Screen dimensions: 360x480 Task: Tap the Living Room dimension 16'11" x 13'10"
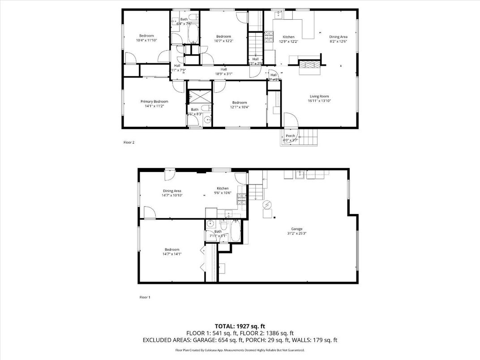point(319,101)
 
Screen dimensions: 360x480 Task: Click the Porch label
point(290,136)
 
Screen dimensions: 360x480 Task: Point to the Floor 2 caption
point(129,142)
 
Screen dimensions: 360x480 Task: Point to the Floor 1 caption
point(144,297)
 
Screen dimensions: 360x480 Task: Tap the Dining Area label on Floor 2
point(338,37)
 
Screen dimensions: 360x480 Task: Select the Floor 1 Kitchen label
point(223,189)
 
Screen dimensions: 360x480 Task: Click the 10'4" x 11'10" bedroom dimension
point(146,40)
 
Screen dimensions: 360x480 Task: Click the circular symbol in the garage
point(267,205)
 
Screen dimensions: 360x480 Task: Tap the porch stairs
point(309,137)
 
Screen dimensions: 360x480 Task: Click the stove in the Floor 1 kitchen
point(241,199)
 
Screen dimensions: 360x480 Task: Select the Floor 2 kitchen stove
point(269,36)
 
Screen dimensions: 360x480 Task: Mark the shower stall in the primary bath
point(195,97)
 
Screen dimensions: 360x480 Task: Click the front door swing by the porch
point(290,121)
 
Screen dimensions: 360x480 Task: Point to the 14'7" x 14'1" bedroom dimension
point(171,254)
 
